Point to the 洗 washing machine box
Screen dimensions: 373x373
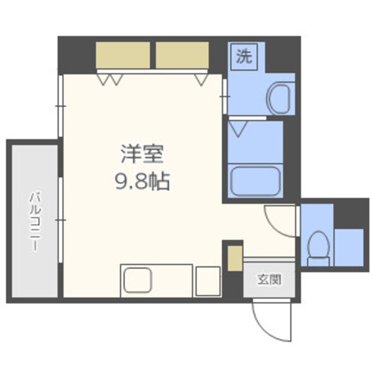[x=244, y=57]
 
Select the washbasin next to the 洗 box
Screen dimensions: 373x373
[x=280, y=98]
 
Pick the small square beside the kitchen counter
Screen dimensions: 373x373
[x=208, y=281]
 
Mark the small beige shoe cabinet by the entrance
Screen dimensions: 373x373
[x=233, y=258]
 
